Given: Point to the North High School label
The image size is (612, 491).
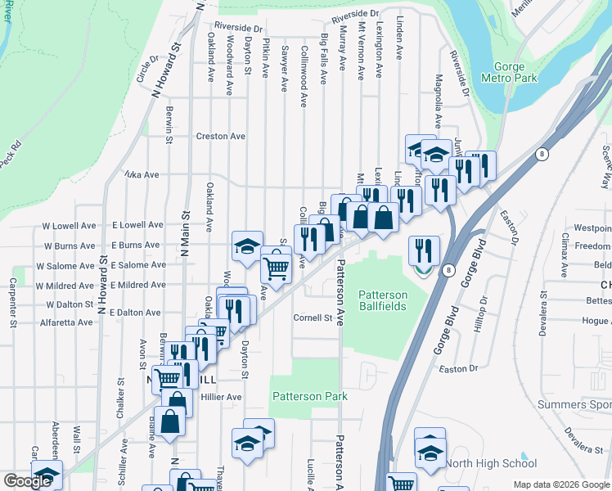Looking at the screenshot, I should coord(497,464).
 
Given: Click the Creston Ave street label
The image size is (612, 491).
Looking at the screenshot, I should coord(220,136).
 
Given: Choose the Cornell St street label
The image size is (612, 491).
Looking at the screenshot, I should coord(316,318).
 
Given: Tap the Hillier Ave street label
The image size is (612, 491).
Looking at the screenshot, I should coord(221,397).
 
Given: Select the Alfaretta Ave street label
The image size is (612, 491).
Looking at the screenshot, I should coord(62,322).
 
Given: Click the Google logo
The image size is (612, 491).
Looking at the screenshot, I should coord(28,481).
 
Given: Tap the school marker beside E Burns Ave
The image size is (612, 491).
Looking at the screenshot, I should coord(247,245).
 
